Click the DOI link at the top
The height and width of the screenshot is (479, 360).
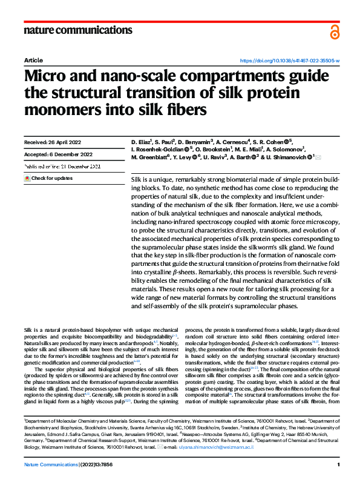[x=290, y=61]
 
